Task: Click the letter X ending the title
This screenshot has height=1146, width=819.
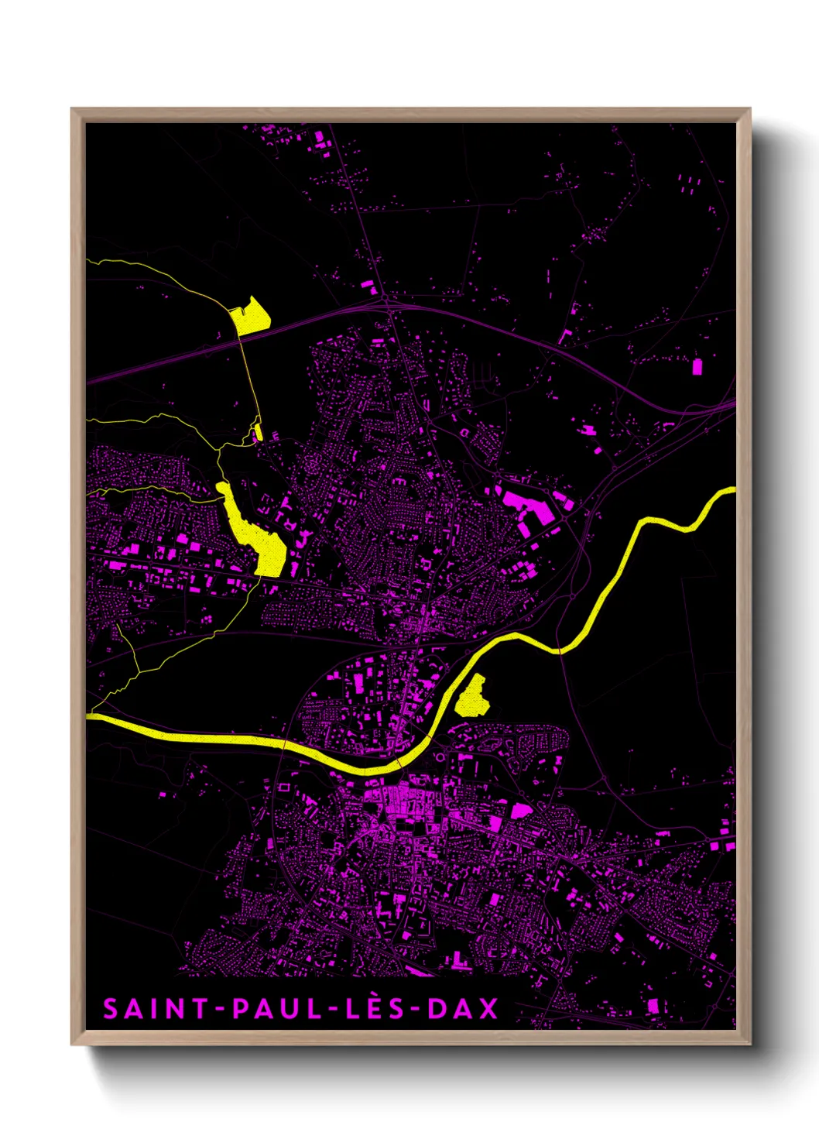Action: pyautogui.click(x=488, y=1009)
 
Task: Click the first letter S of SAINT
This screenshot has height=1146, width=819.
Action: pyautogui.click(x=110, y=1009)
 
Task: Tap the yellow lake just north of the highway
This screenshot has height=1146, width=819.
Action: pyautogui.click(x=249, y=317)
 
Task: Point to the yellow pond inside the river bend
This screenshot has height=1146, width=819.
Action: pyautogui.click(x=472, y=698)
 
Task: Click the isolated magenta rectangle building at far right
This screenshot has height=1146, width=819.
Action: pyautogui.click(x=697, y=365)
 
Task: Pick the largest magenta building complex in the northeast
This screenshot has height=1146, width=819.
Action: pyautogui.click(x=526, y=505)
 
